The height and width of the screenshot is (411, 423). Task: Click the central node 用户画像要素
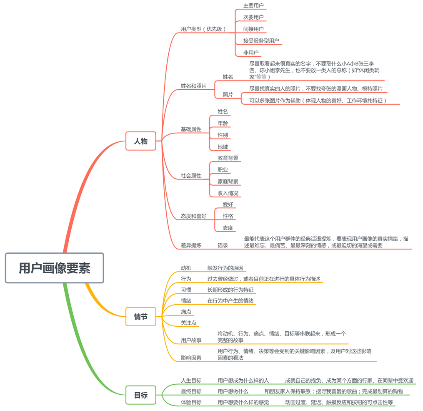(x=54, y=268)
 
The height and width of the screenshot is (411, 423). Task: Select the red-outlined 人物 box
(x=140, y=141)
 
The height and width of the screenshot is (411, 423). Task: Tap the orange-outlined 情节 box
(x=140, y=317)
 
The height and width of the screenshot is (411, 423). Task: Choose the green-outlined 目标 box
(x=140, y=395)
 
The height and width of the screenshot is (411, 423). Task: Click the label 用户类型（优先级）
(x=204, y=29)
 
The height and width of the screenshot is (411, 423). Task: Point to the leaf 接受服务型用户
(x=261, y=41)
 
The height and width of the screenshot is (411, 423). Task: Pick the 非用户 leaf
(x=251, y=53)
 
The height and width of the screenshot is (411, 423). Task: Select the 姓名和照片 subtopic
(x=193, y=86)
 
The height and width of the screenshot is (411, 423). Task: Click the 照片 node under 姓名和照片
(x=228, y=95)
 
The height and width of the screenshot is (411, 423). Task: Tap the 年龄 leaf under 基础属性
(x=223, y=124)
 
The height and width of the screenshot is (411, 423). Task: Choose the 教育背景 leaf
(x=228, y=158)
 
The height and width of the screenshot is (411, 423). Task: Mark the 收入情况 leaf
(x=228, y=193)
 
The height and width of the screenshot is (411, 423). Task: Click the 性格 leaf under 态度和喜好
(x=228, y=216)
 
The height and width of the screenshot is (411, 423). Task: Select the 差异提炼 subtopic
(x=191, y=245)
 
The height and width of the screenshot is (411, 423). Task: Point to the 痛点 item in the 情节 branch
(x=186, y=312)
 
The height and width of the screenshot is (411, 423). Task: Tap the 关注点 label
(x=188, y=323)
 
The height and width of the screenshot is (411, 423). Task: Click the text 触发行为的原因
(x=225, y=268)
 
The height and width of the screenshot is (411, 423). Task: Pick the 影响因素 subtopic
(x=191, y=358)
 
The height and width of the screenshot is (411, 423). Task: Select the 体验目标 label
(x=191, y=403)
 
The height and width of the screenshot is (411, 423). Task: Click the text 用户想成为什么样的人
(x=243, y=381)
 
